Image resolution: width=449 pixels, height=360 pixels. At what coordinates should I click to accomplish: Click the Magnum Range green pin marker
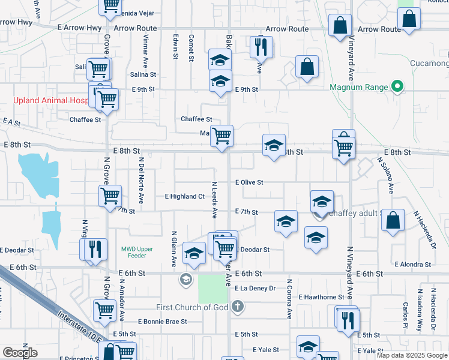coord(396,87)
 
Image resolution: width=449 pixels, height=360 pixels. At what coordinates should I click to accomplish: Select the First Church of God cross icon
coord(238,307)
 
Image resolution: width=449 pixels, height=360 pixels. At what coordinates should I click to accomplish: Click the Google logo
coord(20,353)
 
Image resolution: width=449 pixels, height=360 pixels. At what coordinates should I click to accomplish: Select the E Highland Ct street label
coord(185,196)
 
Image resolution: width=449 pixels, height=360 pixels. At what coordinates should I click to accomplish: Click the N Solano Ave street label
coord(385,175)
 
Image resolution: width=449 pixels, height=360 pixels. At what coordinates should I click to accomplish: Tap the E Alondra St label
coord(414,264)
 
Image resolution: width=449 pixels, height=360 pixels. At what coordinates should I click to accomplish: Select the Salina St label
coord(143,74)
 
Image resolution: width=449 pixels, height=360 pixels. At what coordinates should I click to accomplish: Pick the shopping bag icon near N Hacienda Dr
coord(392,220)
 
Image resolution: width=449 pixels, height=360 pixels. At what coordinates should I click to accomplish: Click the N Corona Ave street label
coord(289,298)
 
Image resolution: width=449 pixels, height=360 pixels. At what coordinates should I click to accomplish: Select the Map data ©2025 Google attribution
coord(411,355)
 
